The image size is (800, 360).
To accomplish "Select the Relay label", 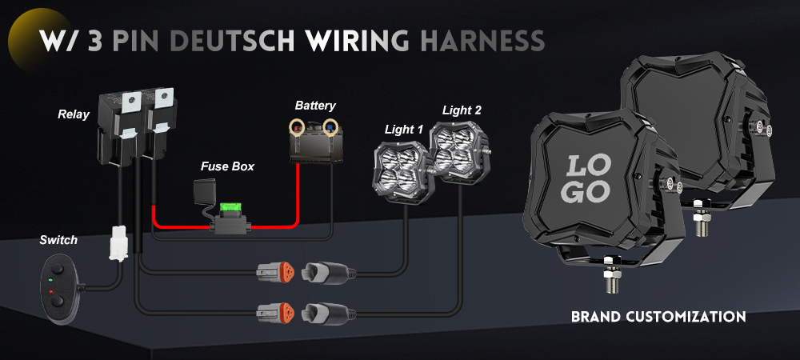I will tap(73, 114).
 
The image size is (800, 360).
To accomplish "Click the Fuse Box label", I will tap(227, 166).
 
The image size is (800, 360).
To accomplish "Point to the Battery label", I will tap(315, 106).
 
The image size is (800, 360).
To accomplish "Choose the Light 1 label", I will tap(404, 130).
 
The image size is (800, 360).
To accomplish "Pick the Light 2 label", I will tap(462, 110).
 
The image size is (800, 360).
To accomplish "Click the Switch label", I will tap(58, 240).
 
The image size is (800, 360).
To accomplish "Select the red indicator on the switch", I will tap(50, 294).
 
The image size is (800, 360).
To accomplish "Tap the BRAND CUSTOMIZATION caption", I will tap(658, 317).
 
